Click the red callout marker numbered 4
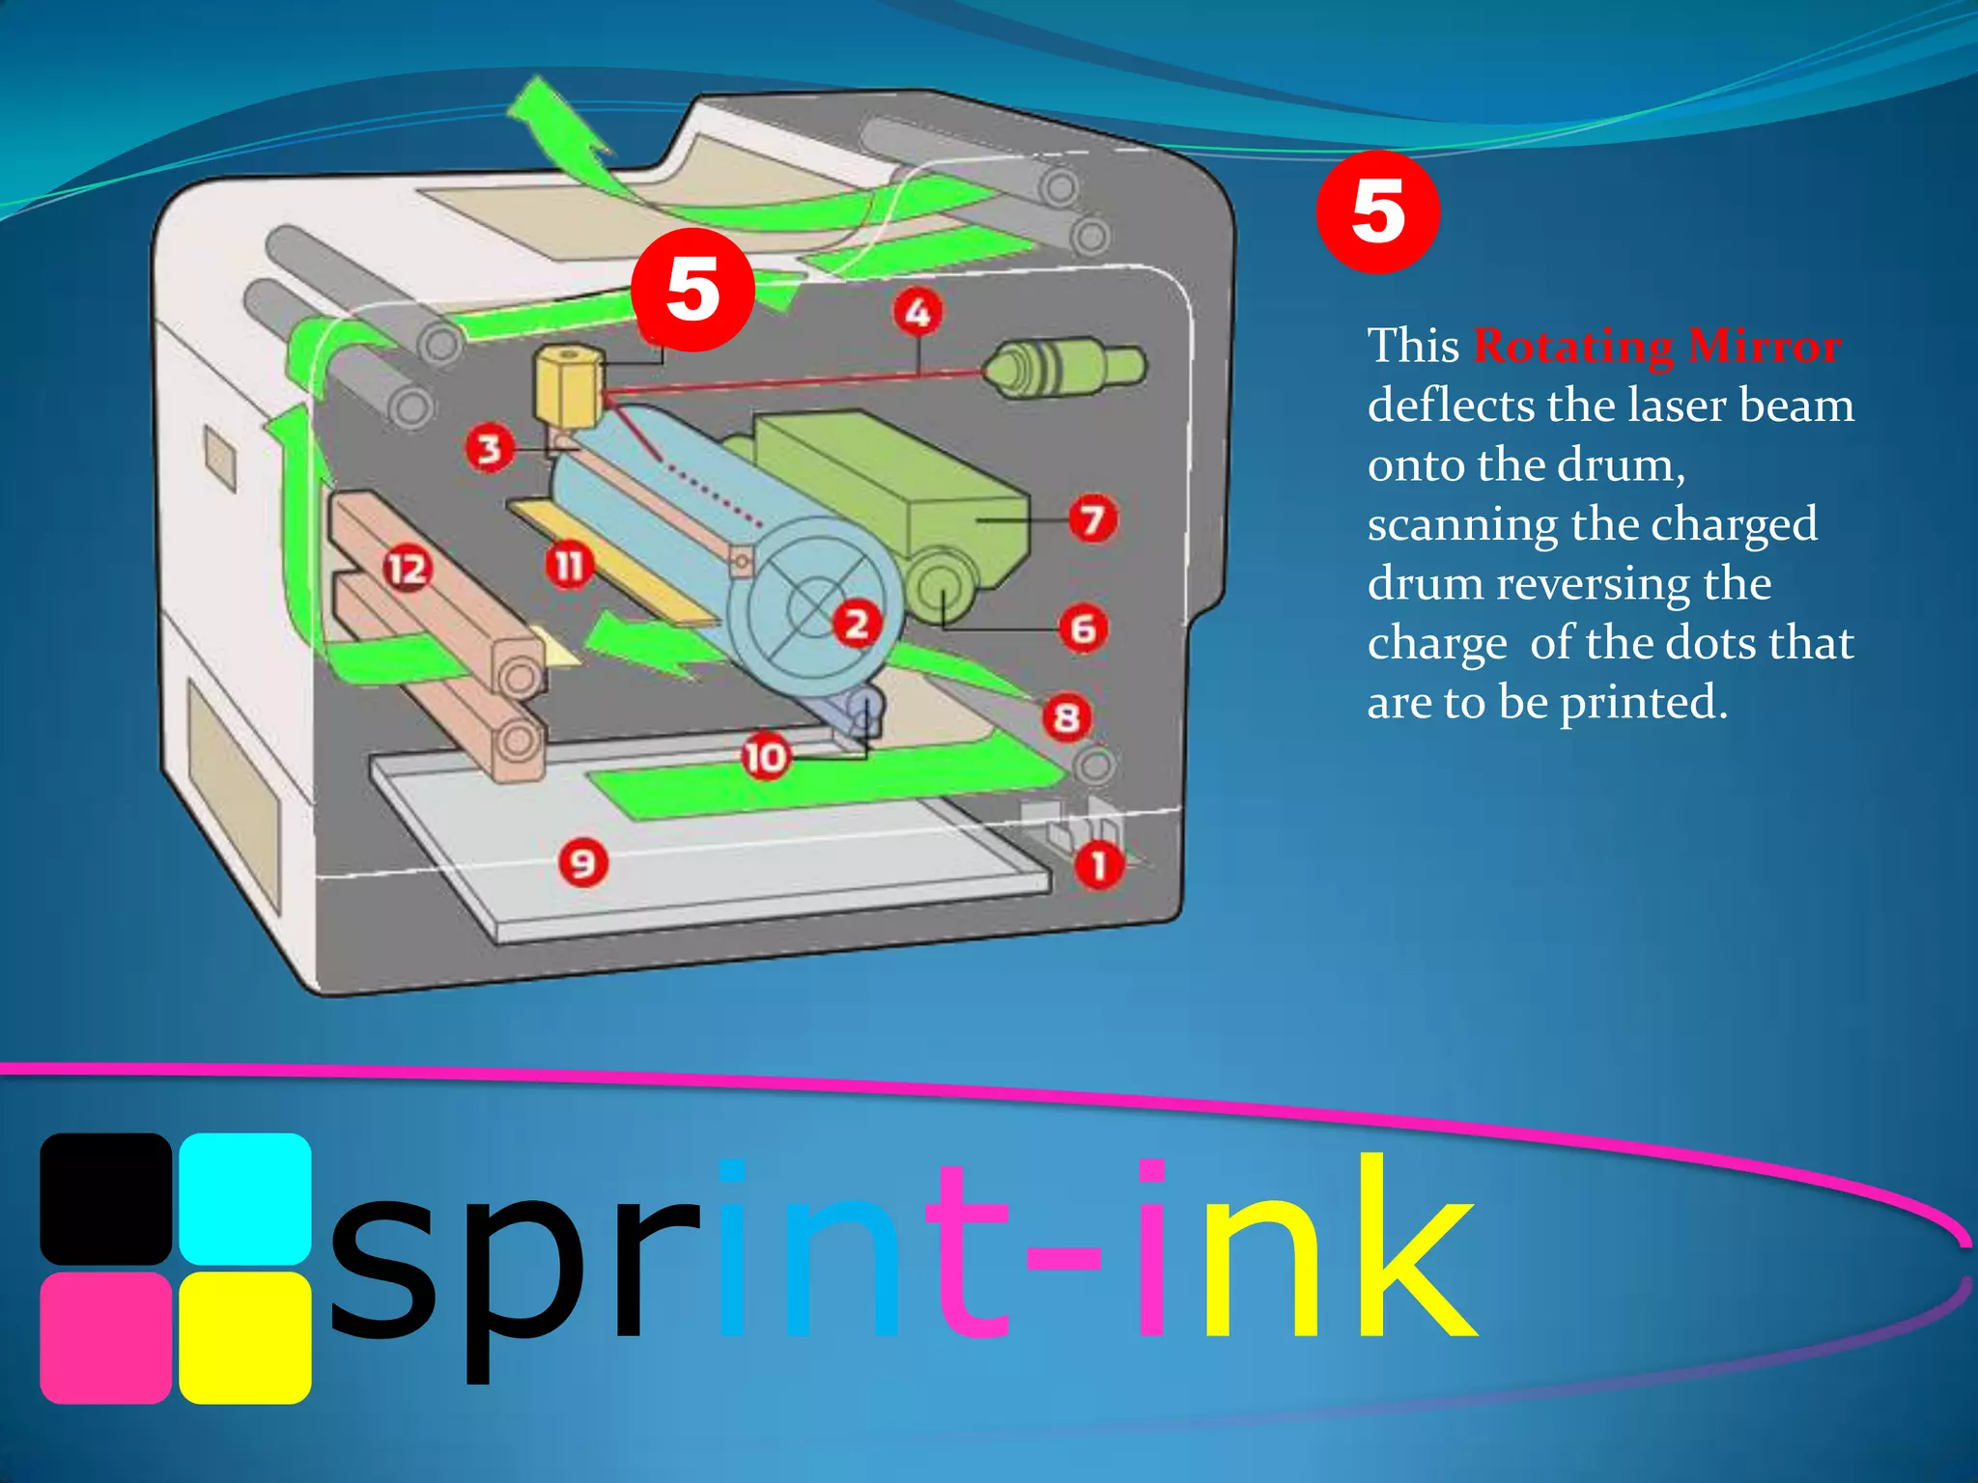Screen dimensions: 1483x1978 tap(917, 312)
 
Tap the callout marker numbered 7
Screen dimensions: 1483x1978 tap(1092, 519)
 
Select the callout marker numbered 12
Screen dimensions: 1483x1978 tap(407, 569)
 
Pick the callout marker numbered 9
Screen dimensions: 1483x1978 tap(583, 862)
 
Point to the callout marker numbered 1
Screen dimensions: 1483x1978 tap(1098, 865)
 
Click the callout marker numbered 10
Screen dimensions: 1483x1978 tap(766, 757)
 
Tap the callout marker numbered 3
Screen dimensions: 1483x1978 tap(490, 448)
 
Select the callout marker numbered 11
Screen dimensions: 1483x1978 tap(569, 565)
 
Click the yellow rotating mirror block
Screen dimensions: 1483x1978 tap(568, 386)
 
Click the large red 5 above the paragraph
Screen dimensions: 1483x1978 tap(1377, 212)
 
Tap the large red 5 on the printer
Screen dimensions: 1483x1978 tap(692, 290)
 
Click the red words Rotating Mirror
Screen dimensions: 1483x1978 tap(1656, 346)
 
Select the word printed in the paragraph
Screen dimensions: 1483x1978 tap(1642, 703)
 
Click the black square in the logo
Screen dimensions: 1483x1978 tap(105, 1198)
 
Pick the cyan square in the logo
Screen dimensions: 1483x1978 tap(245, 1198)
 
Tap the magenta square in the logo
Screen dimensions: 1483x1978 tap(105, 1338)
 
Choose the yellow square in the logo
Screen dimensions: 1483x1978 tap(245, 1338)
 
